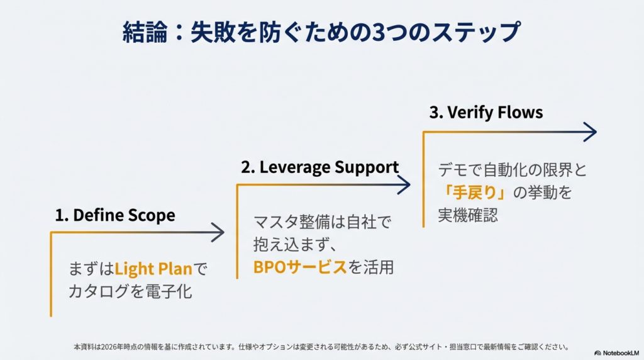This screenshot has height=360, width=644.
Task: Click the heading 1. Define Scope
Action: coord(114,215)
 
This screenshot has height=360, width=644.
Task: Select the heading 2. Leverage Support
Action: coord(319,167)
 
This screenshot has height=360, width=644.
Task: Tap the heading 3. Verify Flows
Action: coord(486,113)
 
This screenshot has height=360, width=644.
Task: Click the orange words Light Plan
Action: coord(153,269)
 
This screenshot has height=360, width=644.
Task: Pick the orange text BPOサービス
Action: coord(300,267)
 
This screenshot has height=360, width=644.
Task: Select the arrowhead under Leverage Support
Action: coord(404,184)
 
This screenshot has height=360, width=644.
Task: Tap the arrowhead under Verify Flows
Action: coord(589,132)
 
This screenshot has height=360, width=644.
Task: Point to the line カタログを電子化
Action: coord(130,291)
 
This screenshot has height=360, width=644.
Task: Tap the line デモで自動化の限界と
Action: coord(512,170)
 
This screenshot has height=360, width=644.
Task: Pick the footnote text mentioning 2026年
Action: coord(321,347)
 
